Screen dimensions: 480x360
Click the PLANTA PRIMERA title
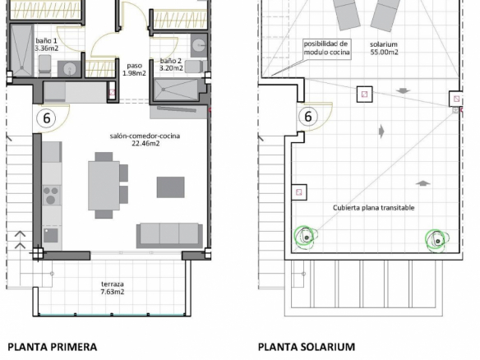pos(53,347)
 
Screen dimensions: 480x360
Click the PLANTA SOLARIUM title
pos(307,347)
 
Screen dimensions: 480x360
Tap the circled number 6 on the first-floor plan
pos(46,118)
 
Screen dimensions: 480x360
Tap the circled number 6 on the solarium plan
pos(308,117)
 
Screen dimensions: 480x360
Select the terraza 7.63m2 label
pos(113,288)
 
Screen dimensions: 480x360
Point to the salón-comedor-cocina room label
pos(145,140)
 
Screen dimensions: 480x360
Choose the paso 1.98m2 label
pos(135,69)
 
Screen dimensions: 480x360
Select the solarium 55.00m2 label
pos(384,48)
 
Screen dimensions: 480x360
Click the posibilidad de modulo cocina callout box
pos(326,48)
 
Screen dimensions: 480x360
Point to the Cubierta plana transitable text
pos(373,208)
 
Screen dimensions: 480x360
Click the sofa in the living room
pos(169,235)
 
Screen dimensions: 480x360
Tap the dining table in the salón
pos(104,186)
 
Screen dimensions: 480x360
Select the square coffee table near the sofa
pos(170,187)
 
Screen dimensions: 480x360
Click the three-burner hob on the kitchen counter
pos(51,195)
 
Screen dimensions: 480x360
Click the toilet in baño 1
pos(44,66)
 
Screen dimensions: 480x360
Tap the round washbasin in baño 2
pos(199,45)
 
